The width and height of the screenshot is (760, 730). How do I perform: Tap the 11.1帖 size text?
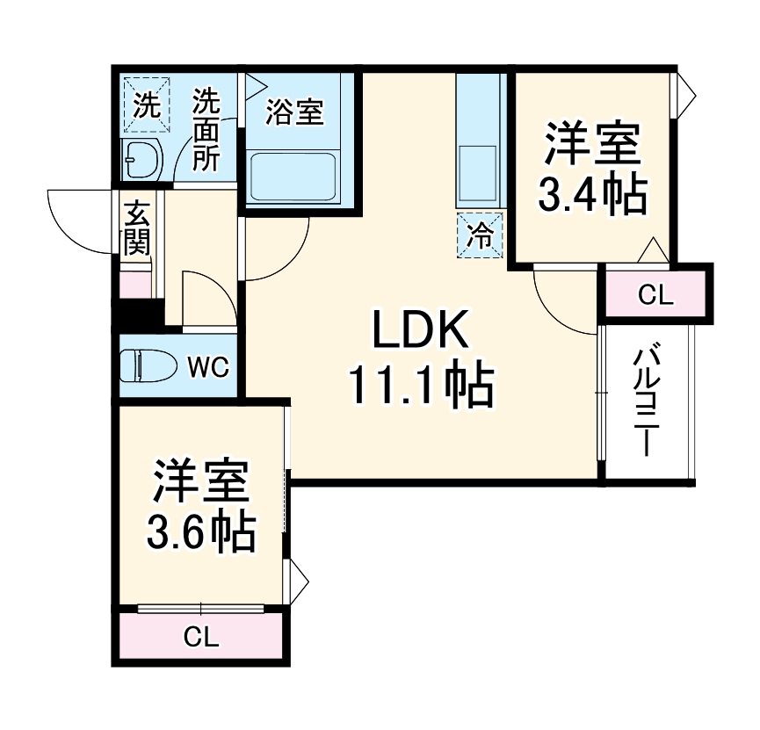click(420, 386)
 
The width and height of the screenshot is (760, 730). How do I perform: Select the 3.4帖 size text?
click(592, 195)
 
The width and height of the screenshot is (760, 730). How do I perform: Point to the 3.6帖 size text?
click(201, 530)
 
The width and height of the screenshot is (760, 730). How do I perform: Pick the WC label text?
click(209, 366)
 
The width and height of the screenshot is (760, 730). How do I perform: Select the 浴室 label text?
click(294, 112)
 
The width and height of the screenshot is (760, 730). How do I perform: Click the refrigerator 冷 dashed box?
click(480, 235)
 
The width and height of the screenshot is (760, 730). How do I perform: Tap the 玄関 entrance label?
click(136, 228)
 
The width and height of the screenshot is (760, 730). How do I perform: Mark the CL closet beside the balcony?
click(654, 294)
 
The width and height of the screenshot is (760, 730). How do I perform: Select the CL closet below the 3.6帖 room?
click(201, 637)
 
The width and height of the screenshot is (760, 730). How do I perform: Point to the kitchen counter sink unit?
click(479, 141)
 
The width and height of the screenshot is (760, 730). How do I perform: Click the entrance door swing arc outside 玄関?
click(83, 220)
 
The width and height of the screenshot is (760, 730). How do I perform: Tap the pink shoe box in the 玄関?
click(135, 285)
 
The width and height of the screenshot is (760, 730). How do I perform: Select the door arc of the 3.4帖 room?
click(562, 303)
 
